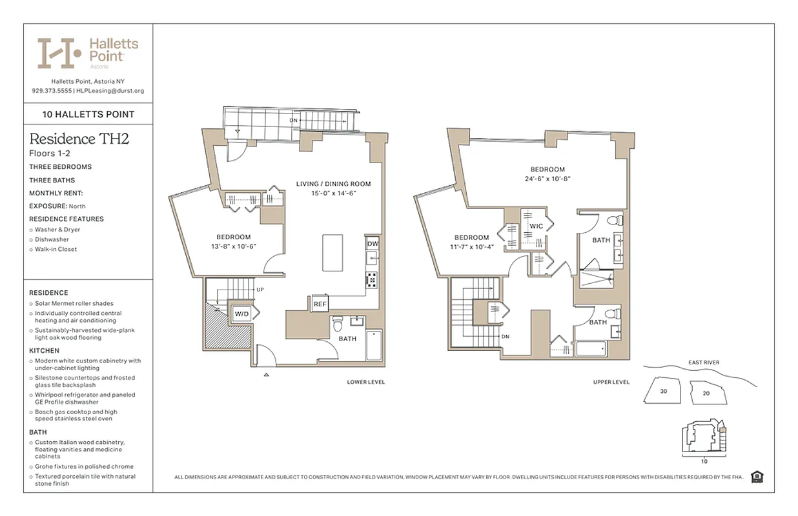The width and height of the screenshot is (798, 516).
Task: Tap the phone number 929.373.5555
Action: pyautogui.click(x=51, y=91)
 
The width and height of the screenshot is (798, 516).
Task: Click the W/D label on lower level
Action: pyautogui.click(x=241, y=314)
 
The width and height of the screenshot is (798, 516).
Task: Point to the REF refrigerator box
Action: pyautogui.click(x=320, y=304)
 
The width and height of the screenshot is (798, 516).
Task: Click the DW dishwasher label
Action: pyautogui.click(x=373, y=244)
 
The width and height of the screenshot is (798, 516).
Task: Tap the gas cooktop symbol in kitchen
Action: pyautogui.click(x=372, y=279)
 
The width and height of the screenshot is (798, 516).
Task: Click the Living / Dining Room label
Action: pyautogui.click(x=333, y=184)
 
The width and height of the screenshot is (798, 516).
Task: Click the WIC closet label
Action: pyautogui.click(x=537, y=226)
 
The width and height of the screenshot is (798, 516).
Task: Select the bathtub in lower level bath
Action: pyautogui.click(x=374, y=346)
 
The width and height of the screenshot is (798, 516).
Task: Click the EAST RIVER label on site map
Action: pyautogui.click(x=704, y=362)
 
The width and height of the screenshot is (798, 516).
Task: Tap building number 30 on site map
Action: pyautogui.click(x=664, y=392)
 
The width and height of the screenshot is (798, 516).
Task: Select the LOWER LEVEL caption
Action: pyautogui.click(x=365, y=382)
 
